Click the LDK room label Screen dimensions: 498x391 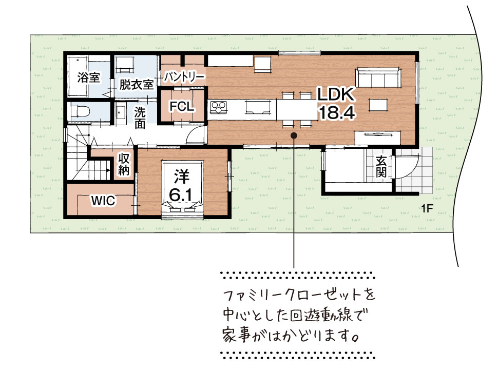point(336,95)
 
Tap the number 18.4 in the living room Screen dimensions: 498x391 point(336,112)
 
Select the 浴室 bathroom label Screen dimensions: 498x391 point(89,77)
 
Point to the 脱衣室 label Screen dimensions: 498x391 point(136,85)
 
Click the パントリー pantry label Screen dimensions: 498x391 point(184,77)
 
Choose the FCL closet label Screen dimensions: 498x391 point(182,107)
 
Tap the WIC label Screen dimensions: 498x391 point(103,201)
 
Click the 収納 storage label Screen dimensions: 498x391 point(124,164)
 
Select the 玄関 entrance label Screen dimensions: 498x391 point(381,167)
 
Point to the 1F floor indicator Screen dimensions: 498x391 point(427,208)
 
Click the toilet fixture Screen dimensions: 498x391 point(81,111)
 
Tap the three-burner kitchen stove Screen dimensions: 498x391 point(219,107)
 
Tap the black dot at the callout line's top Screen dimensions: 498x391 point(294,135)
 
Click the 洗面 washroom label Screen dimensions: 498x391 point(140,118)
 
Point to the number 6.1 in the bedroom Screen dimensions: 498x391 point(181,194)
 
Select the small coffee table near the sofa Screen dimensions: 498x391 point(378,105)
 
